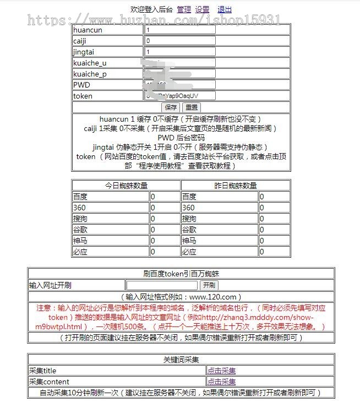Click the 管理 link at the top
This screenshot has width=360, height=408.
pyautogui.click(x=184, y=9)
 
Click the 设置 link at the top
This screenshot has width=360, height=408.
pyautogui.click(x=202, y=9)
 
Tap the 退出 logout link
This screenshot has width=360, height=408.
pyautogui.click(x=225, y=9)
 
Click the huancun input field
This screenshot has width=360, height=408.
pyautogui.click(x=179, y=30)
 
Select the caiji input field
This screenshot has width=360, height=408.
pyautogui.click(x=179, y=41)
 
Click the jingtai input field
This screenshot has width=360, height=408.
pyautogui.click(x=179, y=52)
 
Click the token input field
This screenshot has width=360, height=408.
pyautogui.click(x=179, y=96)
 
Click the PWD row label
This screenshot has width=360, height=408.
pyautogui.click(x=81, y=85)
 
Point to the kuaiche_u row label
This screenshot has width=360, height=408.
pyautogui.click(x=90, y=63)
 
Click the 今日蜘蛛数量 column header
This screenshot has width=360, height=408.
pyautogui.click(x=126, y=186)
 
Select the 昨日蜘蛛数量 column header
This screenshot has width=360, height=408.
pyautogui.click(x=235, y=186)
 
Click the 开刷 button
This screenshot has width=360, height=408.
pyautogui.click(x=209, y=285)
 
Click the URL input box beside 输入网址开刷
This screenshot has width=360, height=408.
pyautogui.click(x=161, y=285)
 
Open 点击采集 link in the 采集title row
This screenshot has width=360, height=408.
pyautogui.click(x=221, y=371)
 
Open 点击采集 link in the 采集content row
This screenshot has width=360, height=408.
pyautogui.click(x=221, y=382)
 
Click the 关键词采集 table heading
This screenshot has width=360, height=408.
pyautogui.click(x=181, y=360)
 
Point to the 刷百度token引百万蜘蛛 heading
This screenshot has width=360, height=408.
pyautogui.click(x=181, y=274)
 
